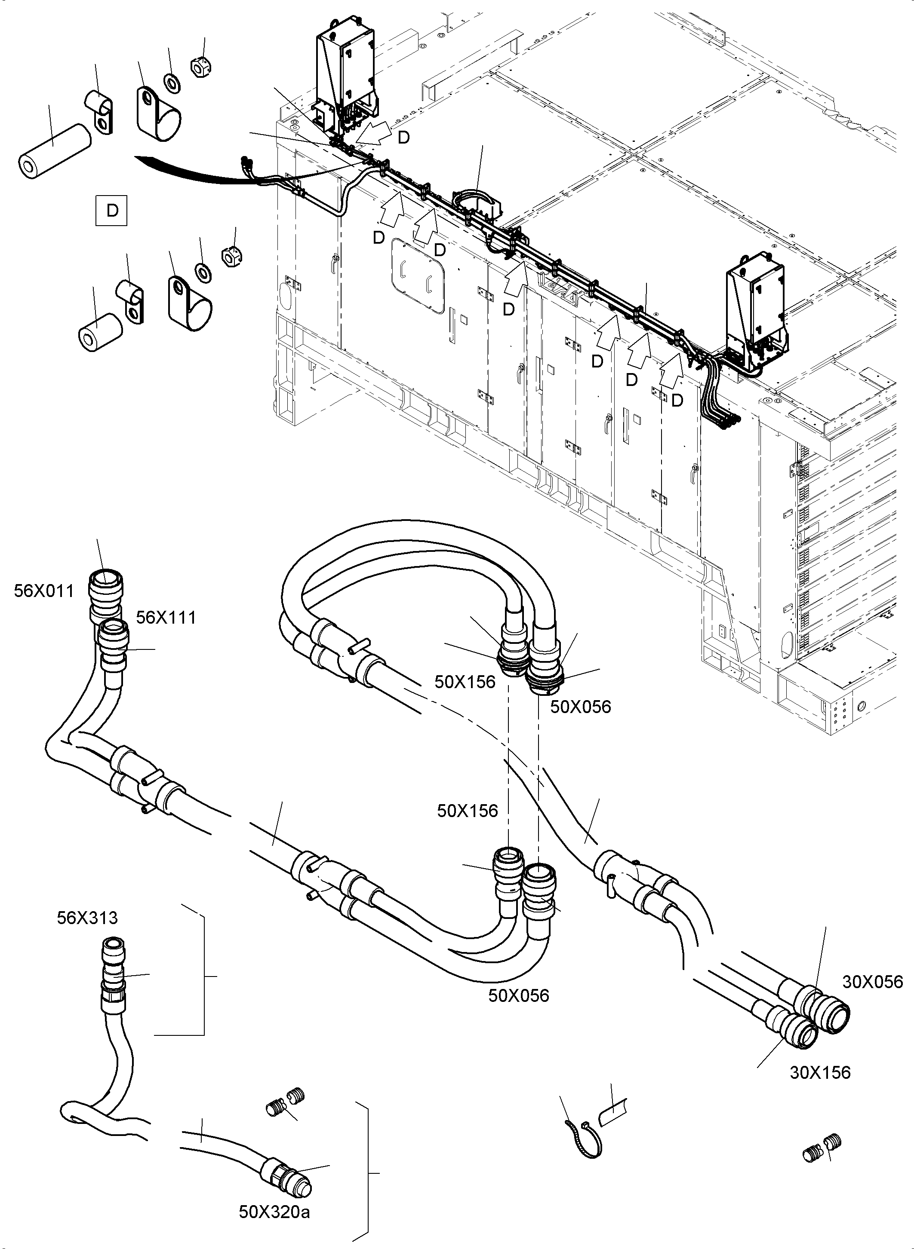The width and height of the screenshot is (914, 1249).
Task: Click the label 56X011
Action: click(x=44, y=591)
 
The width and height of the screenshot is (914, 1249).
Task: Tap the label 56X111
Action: click(x=166, y=617)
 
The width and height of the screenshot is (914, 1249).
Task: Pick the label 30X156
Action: click(x=820, y=1073)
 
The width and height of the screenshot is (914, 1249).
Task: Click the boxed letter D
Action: click(x=112, y=211)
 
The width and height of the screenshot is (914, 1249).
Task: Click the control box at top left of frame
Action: click(x=345, y=77)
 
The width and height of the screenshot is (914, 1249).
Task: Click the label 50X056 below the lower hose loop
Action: click(x=518, y=996)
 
